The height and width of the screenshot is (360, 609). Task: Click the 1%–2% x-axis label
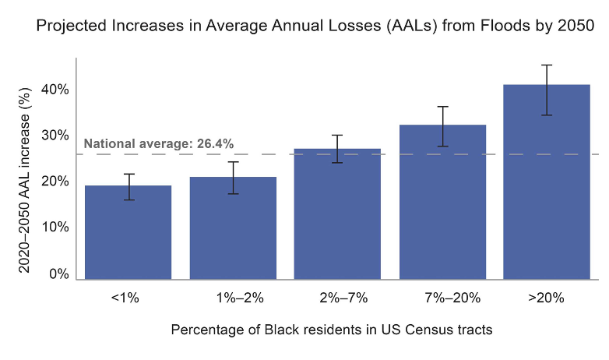(233, 298)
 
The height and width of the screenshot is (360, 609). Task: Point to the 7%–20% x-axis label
(442, 298)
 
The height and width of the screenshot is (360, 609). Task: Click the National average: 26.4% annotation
(159, 143)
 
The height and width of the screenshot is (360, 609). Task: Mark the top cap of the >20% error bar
(547, 65)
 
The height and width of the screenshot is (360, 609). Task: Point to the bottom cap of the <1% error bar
(128, 200)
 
